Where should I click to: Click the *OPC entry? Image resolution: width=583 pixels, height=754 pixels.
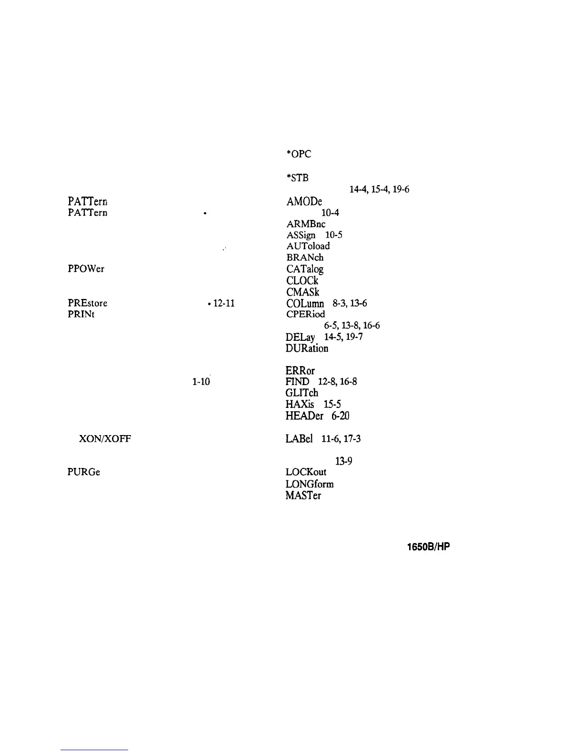(x=298, y=154)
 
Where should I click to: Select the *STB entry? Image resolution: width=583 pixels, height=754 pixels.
(x=297, y=178)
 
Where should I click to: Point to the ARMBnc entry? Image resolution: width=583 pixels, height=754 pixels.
(x=306, y=224)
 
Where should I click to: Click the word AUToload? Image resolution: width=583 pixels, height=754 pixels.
(x=308, y=246)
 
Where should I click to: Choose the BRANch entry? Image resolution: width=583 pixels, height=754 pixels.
(x=305, y=258)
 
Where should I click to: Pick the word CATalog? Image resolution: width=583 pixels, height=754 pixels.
(x=305, y=269)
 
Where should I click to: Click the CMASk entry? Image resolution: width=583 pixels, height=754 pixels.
(x=303, y=292)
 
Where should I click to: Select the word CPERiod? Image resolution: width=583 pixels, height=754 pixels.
(x=306, y=314)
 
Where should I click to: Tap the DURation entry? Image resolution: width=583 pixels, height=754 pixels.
(x=307, y=348)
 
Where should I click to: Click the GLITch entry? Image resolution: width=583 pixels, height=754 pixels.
(x=302, y=393)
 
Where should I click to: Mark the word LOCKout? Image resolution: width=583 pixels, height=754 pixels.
(x=306, y=472)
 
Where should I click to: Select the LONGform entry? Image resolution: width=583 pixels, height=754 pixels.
(x=310, y=484)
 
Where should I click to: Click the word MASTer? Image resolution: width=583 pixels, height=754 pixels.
(x=303, y=496)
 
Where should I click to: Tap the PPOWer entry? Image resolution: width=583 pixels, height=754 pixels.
(x=86, y=268)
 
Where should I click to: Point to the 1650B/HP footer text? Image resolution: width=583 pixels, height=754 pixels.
(x=428, y=547)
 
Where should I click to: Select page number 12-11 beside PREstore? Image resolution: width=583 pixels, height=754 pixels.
(x=224, y=303)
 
